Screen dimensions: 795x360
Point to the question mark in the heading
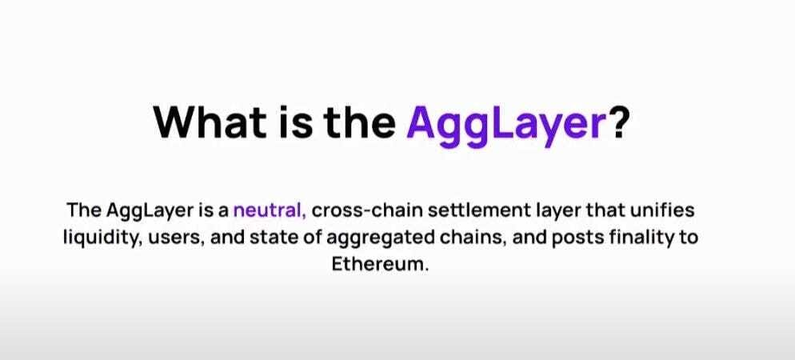pyautogui.click(x=618, y=122)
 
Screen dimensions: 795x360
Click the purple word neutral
pyautogui.click(x=270, y=210)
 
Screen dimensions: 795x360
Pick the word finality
pyautogui.click(x=639, y=238)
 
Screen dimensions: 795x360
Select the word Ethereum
pyautogui.click(x=380, y=265)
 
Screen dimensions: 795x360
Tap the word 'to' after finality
pyautogui.click(x=689, y=238)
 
